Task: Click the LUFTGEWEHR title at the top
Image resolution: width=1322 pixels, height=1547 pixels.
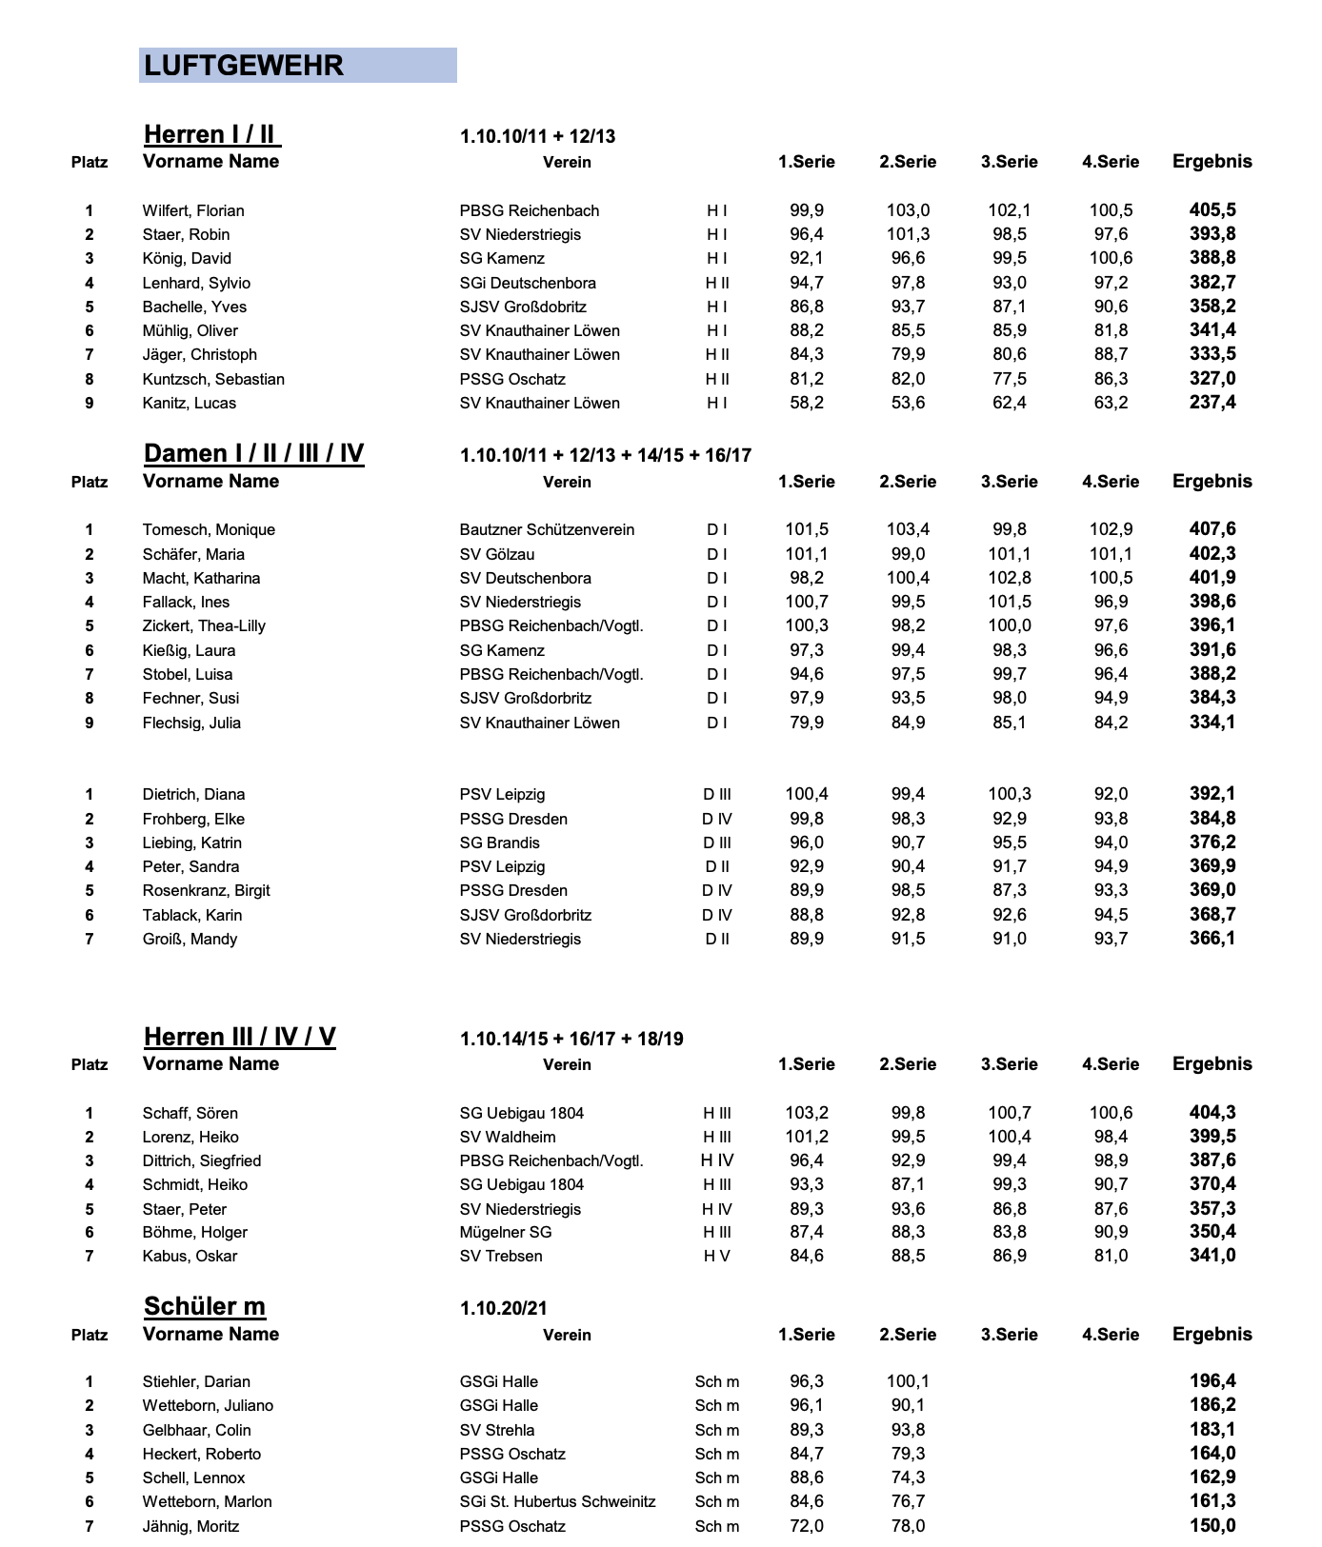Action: (243, 66)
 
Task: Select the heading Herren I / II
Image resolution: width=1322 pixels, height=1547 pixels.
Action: (211, 134)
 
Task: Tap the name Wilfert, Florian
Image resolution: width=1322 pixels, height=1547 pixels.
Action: (193, 210)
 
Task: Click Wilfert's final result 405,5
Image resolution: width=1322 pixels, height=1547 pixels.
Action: (1212, 210)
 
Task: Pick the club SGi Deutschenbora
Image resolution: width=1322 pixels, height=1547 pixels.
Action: (528, 283)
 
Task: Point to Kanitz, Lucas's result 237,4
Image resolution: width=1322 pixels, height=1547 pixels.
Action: (1212, 403)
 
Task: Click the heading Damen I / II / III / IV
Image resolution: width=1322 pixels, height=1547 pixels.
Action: (253, 453)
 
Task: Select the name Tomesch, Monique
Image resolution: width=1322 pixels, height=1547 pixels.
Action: (209, 529)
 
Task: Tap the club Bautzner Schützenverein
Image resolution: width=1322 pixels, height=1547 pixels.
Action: (547, 529)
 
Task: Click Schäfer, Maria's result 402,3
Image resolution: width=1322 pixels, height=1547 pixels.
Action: (1212, 554)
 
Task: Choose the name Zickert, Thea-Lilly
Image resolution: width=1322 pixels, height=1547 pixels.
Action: (204, 625)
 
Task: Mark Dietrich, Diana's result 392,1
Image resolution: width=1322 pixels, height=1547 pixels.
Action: (1212, 794)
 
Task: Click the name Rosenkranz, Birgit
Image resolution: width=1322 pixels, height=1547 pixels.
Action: (206, 890)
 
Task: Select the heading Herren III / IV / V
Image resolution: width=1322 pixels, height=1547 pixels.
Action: (239, 1037)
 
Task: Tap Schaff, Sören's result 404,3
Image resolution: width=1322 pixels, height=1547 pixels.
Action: (1212, 1113)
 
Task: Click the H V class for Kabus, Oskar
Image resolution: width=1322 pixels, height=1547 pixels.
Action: (716, 1256)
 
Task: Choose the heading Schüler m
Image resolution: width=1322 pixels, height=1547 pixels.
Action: (205, 1306)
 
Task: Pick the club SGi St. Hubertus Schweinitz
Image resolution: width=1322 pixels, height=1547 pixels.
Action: (557, 1501)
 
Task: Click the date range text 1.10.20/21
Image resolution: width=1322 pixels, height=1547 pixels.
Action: (503, 1308)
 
